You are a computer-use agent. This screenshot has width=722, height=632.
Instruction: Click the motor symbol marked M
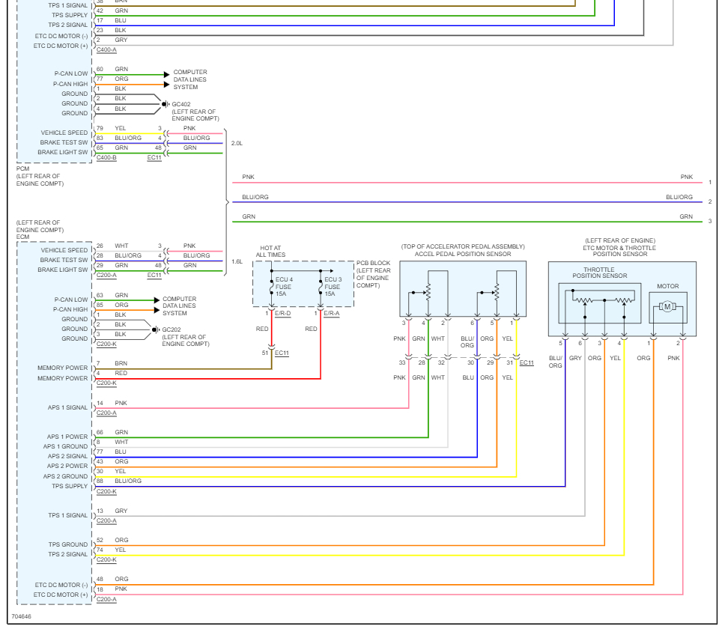(667, 306)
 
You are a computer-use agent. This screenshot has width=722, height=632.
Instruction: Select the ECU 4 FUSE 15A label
(285, 287)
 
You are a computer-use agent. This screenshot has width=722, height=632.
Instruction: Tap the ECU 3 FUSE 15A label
(333, 287)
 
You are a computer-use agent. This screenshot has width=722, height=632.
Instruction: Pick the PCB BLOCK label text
(373, 274)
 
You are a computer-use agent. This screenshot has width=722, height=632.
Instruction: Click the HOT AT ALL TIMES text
(270, 251)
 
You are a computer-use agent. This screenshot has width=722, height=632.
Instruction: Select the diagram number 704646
(21, 617)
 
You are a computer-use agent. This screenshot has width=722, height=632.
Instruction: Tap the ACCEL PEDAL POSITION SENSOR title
(462, 255)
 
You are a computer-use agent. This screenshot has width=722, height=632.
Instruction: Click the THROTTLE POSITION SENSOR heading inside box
(599, 273)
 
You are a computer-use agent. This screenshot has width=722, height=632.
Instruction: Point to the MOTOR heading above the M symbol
(667, 286)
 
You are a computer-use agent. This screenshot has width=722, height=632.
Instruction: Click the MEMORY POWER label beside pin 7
(62, 368)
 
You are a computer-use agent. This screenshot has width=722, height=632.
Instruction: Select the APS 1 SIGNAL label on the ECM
(67, 407)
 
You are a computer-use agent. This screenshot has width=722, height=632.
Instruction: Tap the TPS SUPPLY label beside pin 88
(70, 486)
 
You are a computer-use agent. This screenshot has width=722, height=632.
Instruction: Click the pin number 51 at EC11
(264, 353)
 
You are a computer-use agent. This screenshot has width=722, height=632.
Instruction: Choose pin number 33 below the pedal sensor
(402, 362)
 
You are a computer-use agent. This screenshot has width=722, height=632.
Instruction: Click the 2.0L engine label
(237, 142)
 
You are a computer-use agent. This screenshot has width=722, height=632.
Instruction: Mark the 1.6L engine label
(237, 261)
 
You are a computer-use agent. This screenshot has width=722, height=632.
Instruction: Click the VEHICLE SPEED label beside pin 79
(64, 133)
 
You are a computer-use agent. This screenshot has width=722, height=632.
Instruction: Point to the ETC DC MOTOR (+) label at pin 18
(61, 595)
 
